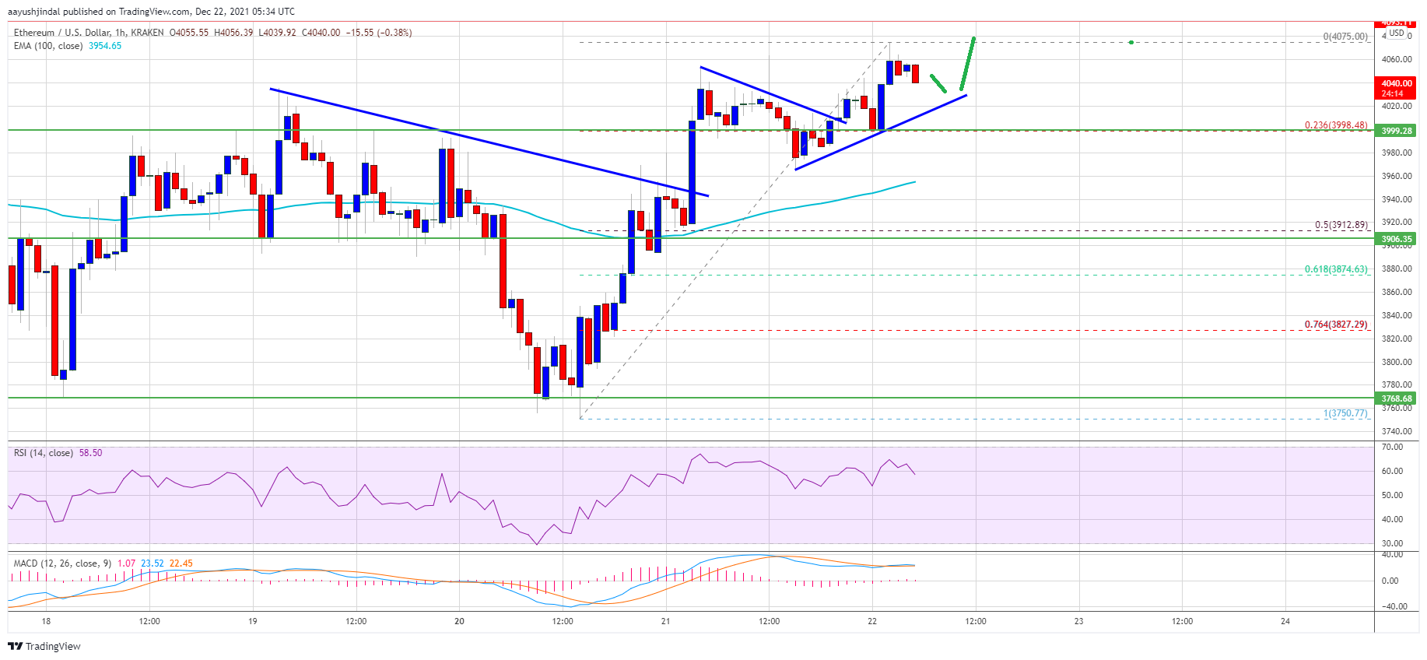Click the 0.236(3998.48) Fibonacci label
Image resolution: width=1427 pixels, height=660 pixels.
tap(1336, 125)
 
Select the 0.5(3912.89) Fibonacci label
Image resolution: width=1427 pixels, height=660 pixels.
tap(1341, 225)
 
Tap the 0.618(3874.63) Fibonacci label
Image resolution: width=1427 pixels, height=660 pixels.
tap(1336, 269)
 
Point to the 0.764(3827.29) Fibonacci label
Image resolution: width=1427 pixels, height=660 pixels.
tap(1336, 325)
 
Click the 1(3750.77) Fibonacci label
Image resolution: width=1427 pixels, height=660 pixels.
tap(1345, 413)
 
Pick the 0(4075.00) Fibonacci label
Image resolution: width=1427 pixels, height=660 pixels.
tap(1345, 37)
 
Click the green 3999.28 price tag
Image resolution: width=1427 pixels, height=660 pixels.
tap(1396, 131)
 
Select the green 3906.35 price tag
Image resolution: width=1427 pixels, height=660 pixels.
tap(1396, 239)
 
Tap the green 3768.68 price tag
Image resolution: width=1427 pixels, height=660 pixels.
tap(1396, 398)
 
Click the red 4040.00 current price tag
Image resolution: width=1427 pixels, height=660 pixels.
tap(1396, 83)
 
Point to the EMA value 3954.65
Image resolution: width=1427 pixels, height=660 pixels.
tap(104, 46)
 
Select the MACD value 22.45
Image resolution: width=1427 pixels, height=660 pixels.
tap(181, 563)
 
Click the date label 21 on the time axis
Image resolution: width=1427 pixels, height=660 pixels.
tap(665, 621)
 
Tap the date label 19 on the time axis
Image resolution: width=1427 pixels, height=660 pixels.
tap(253, 621)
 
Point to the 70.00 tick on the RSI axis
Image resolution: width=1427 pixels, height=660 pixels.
tap(1392, 448)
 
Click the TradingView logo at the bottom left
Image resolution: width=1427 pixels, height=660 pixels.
tap(44, 646)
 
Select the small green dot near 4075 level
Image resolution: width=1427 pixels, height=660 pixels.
tap(1131, 42)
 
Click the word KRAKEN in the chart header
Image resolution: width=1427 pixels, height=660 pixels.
tap(148, 33)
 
